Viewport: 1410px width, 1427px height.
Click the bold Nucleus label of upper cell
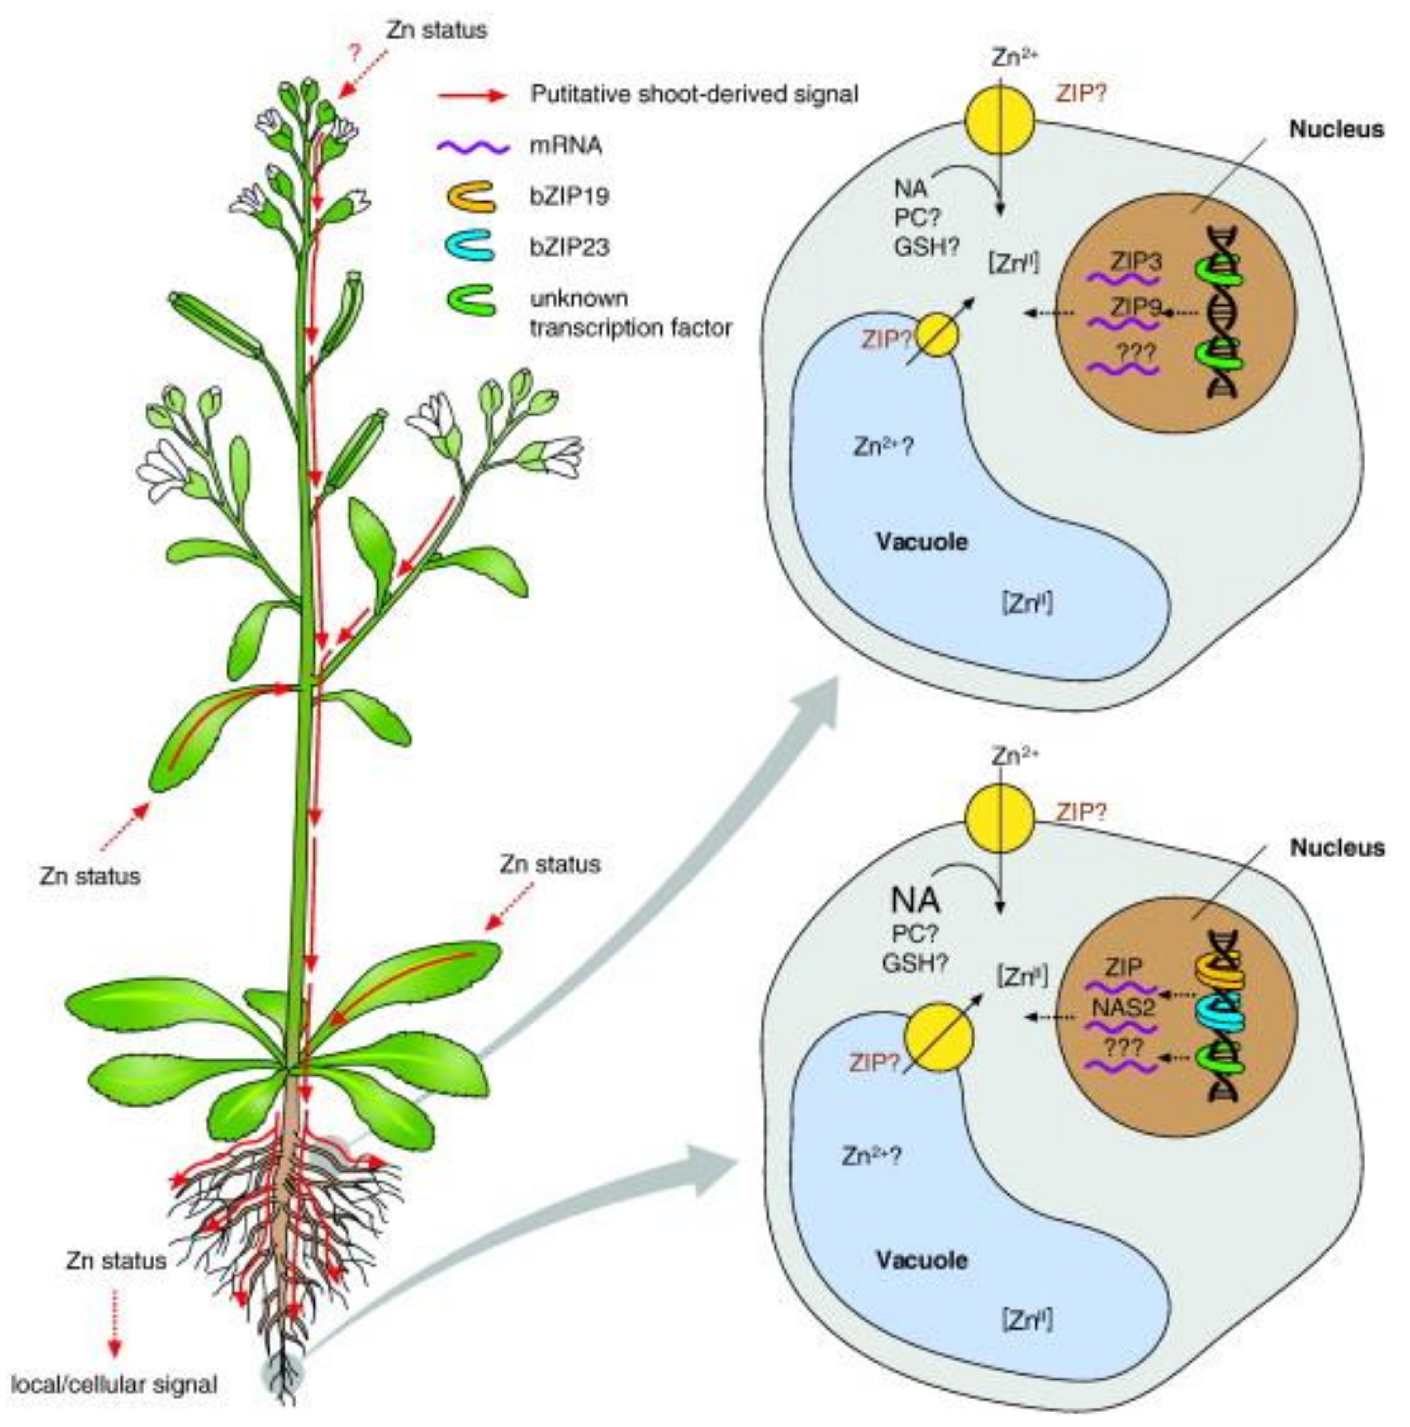coord(1335,129)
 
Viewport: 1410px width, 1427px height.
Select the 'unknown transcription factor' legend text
coord(630,313)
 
